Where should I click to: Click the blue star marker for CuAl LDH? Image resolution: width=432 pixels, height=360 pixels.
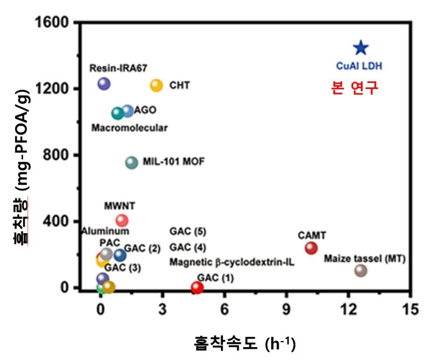[360, 48]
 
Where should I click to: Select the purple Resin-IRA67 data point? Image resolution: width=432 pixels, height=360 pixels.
[104, 84]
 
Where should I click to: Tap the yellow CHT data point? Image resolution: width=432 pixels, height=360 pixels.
[156, 85]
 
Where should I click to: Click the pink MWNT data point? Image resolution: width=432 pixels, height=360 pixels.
[122, 220]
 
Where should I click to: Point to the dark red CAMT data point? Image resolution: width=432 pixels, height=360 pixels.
[310, 248]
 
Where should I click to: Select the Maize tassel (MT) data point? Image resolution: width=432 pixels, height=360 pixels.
[361, 270]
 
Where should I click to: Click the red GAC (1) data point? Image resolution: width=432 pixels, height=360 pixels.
[197, 287]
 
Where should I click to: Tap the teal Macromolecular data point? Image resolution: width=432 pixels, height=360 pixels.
[117, 113]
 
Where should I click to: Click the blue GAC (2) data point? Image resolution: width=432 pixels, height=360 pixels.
[120, 255]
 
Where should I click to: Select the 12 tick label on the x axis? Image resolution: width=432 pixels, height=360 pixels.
[349, 309]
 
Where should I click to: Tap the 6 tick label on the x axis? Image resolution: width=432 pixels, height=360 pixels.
[225, 309]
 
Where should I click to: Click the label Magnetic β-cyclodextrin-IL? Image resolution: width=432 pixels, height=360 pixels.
[232, 263]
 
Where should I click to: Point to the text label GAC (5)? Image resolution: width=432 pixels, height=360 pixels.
[187, 232]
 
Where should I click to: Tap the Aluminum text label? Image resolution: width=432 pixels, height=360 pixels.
[105, 232]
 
